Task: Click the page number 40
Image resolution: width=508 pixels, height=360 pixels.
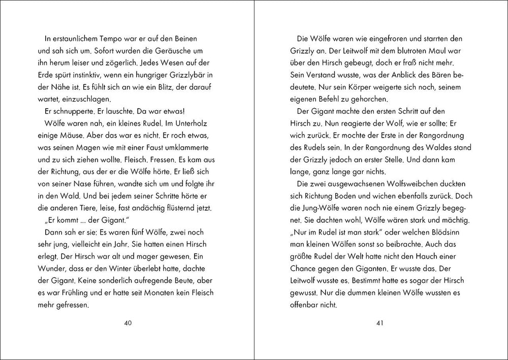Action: (x=128, y=323)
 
